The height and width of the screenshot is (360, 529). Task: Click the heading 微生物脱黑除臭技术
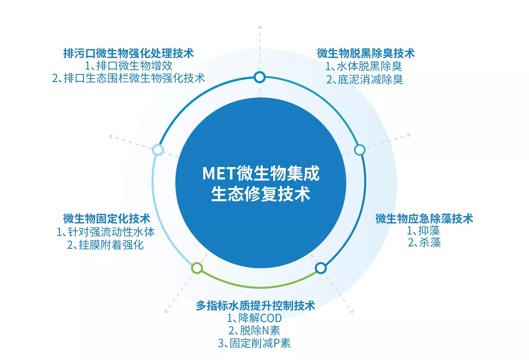point(366,53)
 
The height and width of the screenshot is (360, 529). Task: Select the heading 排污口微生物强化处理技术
point(129,53)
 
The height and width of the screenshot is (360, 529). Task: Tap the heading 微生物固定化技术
point(107,219)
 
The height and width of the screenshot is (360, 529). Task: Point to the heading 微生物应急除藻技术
point(424,219)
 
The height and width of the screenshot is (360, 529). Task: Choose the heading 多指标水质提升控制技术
point(255,306)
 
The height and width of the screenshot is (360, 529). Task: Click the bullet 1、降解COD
point(254,318)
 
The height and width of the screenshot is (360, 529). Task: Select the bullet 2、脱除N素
point(254,331)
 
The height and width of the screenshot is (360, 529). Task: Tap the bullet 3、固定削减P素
point(254,343)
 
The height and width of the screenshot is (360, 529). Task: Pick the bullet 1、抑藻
point(424,231)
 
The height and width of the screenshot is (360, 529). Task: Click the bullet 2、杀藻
point(424,243)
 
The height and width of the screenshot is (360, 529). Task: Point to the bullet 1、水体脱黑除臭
point(363,66)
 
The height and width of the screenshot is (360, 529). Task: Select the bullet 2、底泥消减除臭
point(365,80)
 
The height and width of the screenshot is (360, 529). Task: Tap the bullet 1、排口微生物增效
point(129,66)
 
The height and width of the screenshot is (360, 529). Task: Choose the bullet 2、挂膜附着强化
point(105,245)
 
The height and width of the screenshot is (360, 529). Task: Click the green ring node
point(197,268)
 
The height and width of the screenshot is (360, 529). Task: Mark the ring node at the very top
point(259,77)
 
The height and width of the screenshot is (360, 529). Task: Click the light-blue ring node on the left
point(158,150)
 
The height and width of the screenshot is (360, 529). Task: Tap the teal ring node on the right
point(359,150)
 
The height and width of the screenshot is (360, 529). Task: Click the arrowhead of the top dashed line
point(259,27)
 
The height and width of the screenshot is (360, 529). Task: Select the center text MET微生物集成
point(261,173)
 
